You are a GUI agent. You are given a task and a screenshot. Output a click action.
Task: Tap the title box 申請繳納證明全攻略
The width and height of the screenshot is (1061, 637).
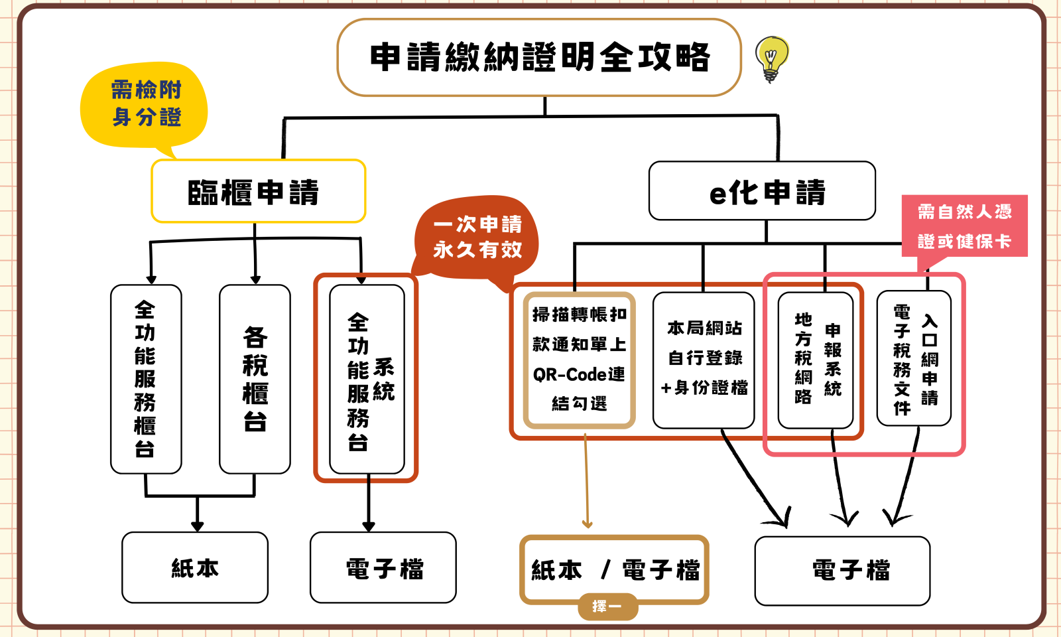(539, 57)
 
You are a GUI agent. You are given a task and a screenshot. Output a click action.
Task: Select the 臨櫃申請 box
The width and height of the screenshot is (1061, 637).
(258, 191)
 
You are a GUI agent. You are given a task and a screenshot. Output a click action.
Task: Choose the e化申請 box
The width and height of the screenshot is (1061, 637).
(762, 190)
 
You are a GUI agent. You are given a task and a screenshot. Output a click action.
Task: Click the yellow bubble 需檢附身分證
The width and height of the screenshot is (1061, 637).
(144, 104)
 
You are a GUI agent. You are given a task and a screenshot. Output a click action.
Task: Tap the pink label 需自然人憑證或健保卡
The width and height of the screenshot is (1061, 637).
(964, 226)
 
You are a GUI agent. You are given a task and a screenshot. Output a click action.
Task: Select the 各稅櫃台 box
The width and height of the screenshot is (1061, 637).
(255, 379)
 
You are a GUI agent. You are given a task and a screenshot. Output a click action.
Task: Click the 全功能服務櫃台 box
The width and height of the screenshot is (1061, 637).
(146, 379)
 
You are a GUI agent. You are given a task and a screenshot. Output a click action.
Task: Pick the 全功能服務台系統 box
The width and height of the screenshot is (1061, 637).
(367, 379)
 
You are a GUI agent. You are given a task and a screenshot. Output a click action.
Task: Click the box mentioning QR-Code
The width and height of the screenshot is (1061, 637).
(580, 360)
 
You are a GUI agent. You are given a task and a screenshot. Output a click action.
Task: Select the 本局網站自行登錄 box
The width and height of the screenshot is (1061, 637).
(704, 360)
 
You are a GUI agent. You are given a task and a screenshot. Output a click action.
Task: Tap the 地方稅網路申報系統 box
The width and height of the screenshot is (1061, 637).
(816, 360)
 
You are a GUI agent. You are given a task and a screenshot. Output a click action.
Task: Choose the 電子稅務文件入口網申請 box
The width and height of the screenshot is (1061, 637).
(914, 358)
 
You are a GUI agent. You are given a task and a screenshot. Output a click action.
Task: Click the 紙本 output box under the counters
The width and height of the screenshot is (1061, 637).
(195, 567)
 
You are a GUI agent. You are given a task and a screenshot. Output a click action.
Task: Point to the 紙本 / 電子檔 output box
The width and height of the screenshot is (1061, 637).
(614, 570)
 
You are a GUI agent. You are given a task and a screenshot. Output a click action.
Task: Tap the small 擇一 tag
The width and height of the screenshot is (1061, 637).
(607, 606)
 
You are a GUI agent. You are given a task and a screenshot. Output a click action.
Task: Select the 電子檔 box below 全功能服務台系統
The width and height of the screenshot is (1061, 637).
(383, 567)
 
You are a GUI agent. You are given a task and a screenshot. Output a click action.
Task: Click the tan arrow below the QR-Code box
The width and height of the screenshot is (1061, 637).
(586, 480)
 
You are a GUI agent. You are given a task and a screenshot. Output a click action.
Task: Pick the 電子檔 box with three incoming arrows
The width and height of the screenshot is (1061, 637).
(842, 571)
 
